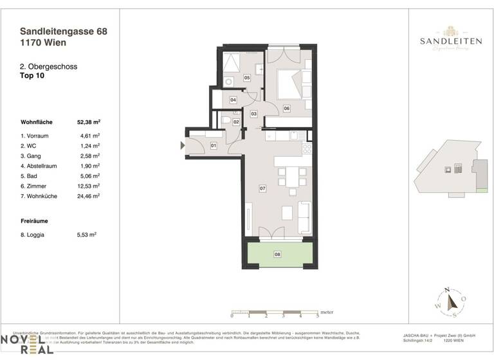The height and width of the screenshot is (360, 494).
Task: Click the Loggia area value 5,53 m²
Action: [x=86, y=235]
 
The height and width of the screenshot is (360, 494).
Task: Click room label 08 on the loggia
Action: [x=277, y=255]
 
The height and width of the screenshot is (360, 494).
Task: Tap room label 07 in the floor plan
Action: [x=262, y=188]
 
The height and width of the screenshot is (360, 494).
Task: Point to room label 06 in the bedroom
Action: [x=286, y=108]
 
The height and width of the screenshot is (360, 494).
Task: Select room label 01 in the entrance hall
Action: [x=214, y=147]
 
